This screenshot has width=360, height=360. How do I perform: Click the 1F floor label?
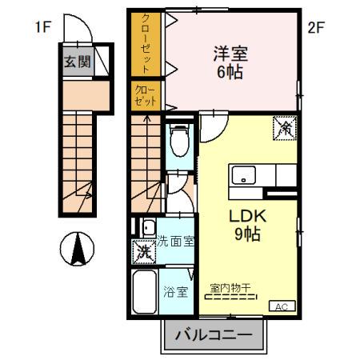(x=42, y=26)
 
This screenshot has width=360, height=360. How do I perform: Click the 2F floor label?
(x=316, y=26)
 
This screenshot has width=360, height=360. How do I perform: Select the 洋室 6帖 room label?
(x=230, y=62)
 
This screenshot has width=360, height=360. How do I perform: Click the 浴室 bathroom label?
(x=177, y=291)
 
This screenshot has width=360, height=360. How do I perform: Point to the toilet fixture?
(x=178, y=144)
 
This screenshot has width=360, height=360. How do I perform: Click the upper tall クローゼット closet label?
(x=147, y=42)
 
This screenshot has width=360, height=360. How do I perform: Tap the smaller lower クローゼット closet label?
(x=147, y=95)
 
